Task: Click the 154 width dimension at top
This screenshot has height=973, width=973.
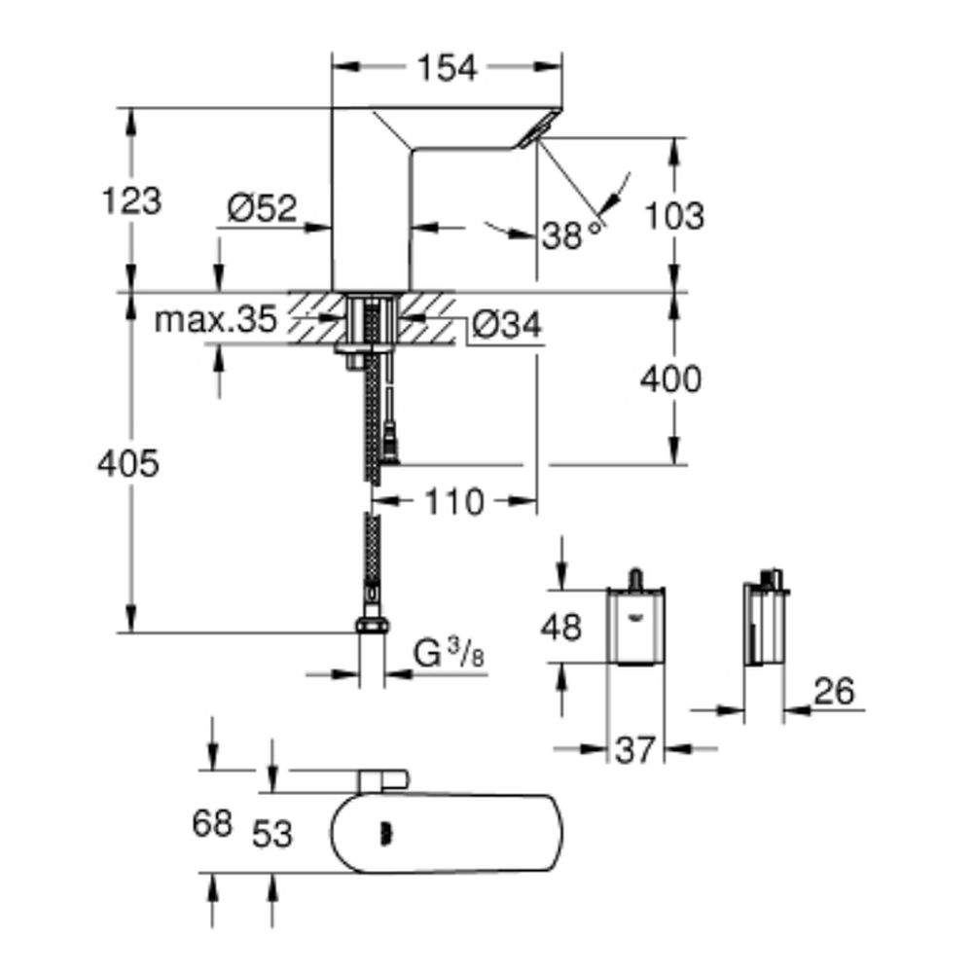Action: click(x=448, y=68)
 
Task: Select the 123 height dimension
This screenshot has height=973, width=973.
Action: click(x=131, y=201)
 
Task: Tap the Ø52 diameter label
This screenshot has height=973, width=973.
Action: click(x=262, y=209)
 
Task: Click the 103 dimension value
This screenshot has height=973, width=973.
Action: click(x=673, y=215)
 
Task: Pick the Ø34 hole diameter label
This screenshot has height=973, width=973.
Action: click(x=507, y=326)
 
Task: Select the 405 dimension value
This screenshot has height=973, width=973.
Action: click(x=127, y=464)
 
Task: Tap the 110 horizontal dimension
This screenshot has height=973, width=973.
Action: click(x=453, y=502)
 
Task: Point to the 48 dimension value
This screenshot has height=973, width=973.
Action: click(x=560, y=628)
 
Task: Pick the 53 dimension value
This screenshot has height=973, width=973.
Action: click(x=272, y=833)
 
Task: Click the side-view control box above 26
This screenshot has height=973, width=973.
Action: click(x=765, y=623)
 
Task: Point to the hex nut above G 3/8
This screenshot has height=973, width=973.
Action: click(x=370, y=625)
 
